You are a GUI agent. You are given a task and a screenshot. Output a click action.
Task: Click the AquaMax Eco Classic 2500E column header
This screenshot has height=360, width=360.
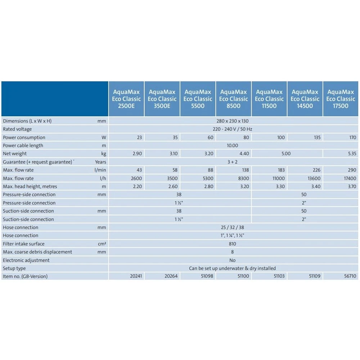coord(126,99)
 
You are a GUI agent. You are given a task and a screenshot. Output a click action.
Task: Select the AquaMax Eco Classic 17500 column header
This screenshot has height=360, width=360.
coord(341,99)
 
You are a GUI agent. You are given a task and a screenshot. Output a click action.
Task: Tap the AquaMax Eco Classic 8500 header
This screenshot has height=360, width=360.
coord(234,99)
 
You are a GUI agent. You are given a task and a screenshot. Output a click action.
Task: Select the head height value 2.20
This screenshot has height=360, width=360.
coord(136,186)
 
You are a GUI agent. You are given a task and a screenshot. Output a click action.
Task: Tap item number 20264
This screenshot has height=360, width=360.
coord(171,276)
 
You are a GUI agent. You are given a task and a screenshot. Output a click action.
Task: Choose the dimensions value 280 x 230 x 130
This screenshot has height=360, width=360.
coord(233,121)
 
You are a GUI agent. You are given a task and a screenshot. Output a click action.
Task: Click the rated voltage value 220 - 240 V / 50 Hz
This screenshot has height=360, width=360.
coord(233,129)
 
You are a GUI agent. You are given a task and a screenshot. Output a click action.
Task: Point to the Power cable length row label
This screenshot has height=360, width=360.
coord(23,145)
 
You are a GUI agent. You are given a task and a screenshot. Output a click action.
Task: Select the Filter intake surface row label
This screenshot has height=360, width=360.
coord(24,244)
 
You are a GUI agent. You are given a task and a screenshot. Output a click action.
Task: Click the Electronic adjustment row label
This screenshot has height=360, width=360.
coord(26,260)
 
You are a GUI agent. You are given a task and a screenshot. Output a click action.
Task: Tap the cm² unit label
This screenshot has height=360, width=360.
coord(102,244)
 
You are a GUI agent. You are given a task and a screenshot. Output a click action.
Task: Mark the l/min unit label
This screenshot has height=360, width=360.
coord(100,170)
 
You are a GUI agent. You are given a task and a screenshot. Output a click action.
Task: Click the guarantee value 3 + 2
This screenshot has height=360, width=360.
coord(233,162)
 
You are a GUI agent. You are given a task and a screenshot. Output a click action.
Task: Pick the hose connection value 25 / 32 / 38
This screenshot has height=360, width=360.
coord(233,228)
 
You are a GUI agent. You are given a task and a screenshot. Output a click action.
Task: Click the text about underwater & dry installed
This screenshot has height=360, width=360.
coord(233,268)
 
